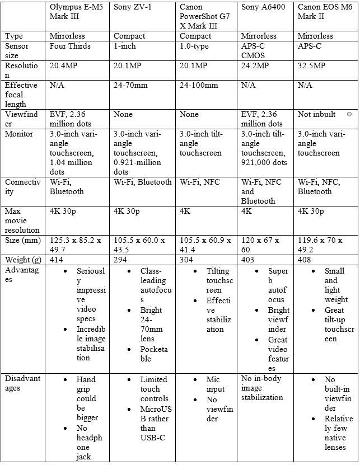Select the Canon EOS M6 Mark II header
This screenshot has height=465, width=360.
(x=325, y=12)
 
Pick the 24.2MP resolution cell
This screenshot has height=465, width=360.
(x=255, y=66)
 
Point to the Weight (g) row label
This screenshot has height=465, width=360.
(x=23, y=260)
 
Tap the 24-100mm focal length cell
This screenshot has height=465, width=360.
(x=199, y=86)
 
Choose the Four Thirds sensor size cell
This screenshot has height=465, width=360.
(x=70, y=46)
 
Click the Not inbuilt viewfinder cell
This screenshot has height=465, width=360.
(x=317, y=114)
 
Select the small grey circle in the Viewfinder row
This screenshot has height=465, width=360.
(x=349, y=114)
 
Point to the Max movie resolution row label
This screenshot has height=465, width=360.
(x=22, y=220)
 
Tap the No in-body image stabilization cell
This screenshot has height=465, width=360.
(x=263, y=388)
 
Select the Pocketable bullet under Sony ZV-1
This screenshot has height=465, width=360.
(x=154, y=354)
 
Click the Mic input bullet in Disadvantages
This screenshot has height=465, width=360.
(x=216, y=384)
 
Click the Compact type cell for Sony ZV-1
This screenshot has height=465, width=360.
(x=129, y=36)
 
